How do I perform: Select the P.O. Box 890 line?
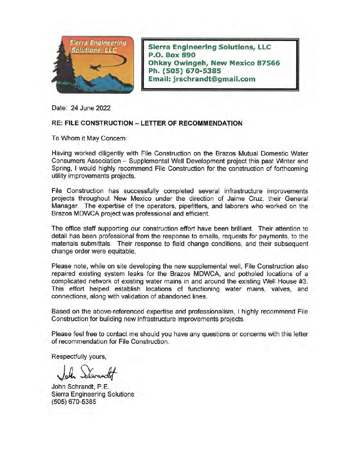coord(172,55)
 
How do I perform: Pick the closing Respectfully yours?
coord(79,357)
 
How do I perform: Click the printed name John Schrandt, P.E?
coord(81,387)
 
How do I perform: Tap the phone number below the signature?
coord(74,402)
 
